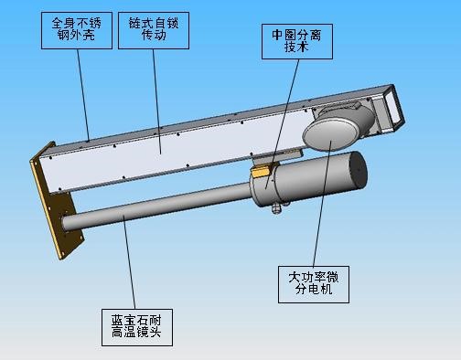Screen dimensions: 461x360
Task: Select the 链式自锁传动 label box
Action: [x=153, y=29]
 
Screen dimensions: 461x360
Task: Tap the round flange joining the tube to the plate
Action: [x=66, y=223]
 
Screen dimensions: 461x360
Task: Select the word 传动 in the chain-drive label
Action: [x=153, y=37]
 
